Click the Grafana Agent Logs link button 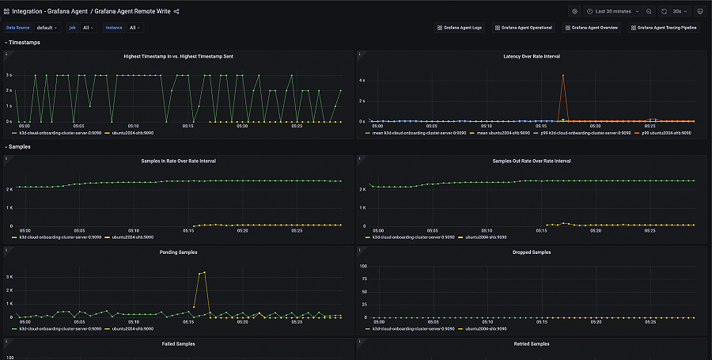pyautogui.click(x=459, y=28)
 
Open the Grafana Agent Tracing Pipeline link pyautogui.click(x=668, y=28)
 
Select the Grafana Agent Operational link pyautogui.click(x=525, y=28)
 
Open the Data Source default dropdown pyautogui.click(x=47, y=28)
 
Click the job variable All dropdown pyautogui.click(x=88, y=28)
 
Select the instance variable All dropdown pyautogui.click(x=134, y=28)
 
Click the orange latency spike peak pyautogui.click(x=562, y=75)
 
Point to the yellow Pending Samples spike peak pyautogui.click(x=204, y=271)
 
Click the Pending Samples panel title pyautogui.click(x=177, y=252)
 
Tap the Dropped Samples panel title pyautogui.click(x=531, y=252)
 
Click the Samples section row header pyautogui.click(x=20, y=146)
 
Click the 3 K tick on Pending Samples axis pyautogui.click(x=9, y=278)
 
